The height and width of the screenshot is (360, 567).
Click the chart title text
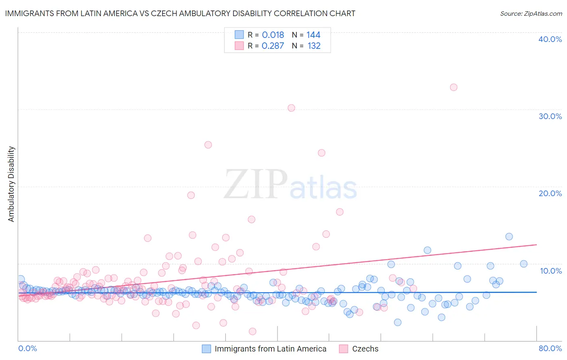[x=180, y=13]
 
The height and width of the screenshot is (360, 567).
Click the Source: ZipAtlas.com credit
[x=531, y=13]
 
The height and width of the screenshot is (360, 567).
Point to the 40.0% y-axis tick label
[x=550, y=39]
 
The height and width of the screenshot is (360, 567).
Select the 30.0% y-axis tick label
[x=550, y=116]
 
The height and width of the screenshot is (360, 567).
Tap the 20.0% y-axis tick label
[x=550, y=193]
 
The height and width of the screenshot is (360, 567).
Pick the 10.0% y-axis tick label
[x=550, y=271]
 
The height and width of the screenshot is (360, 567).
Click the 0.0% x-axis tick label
[x=27, y=348]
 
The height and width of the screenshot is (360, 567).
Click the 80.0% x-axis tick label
[x=550, y=348]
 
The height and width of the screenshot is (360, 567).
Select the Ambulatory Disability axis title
[x=11, y=184]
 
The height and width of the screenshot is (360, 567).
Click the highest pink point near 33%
[x=454, y=87]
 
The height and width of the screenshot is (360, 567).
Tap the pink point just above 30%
[x=291, y=108]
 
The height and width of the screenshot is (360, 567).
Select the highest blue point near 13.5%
[x=509, y=237]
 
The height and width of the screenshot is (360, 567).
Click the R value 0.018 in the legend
[x=273, y=35]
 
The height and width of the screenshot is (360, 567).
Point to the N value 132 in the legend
[x=314, y=46]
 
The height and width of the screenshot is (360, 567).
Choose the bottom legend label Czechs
[x=365, y=349]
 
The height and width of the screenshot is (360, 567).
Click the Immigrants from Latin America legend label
[x=270, y=349]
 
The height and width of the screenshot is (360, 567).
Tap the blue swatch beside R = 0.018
[x=239, y=35]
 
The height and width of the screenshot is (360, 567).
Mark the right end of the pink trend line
[x=536, y=245]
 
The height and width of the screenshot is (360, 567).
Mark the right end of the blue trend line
[x=536, y=292]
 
